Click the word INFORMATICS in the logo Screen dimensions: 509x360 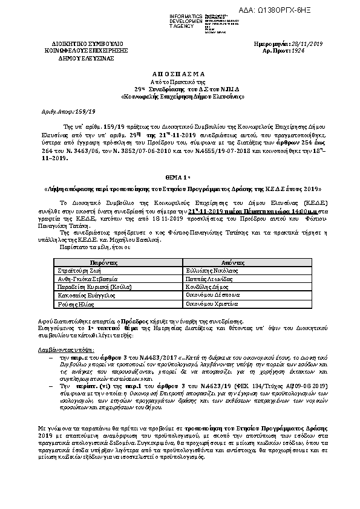point(189,14)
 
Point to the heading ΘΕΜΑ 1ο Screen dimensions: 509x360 point(180,171)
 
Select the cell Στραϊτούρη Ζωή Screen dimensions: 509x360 point(82,273)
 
